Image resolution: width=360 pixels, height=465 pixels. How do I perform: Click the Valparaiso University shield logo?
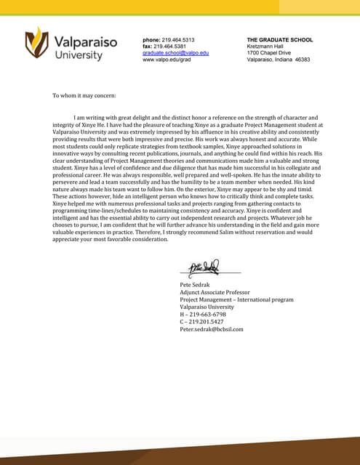pos(36,43)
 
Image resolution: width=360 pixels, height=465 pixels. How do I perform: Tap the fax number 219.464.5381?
pos(175,46)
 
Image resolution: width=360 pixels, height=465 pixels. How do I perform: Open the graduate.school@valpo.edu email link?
pos(175,53)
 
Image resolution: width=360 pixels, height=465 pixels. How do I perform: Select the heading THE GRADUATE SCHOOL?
pos(280,39)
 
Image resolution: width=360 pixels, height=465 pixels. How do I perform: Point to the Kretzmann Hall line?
pos(265,46)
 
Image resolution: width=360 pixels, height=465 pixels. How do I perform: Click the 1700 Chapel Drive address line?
pos(268,53)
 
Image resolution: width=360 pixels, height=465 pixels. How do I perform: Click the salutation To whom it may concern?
pos(84,95)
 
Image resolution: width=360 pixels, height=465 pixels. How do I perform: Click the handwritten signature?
pos(205,267)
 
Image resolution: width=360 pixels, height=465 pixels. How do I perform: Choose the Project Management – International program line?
pos(236,299)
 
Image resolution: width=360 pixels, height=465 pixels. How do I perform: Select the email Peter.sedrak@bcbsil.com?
pos(212,328)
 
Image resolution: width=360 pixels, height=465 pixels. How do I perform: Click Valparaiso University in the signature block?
pos(207,307)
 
